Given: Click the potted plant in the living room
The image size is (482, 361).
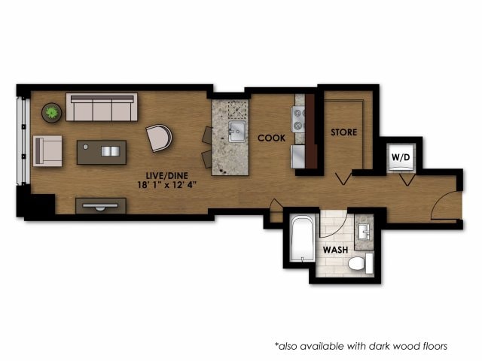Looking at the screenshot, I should tap(52, 113).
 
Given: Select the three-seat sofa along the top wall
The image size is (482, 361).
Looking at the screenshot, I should tap(102, 108).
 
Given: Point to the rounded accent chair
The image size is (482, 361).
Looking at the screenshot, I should tap(160, 138).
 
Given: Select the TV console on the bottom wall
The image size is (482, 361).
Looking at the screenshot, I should tap(101, 205).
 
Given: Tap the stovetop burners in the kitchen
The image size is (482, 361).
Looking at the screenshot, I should tap(298, 119).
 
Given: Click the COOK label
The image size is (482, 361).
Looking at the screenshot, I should tap(270, 138).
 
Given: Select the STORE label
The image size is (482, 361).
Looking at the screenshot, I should tap(343, 132).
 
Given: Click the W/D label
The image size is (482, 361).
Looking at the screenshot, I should tap(398, 156).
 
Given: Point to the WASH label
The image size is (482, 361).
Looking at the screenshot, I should tap(334, 249).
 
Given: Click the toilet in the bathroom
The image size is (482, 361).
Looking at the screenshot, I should tap(361, 263).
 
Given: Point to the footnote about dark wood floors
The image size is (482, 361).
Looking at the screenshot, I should tap(361, 346).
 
